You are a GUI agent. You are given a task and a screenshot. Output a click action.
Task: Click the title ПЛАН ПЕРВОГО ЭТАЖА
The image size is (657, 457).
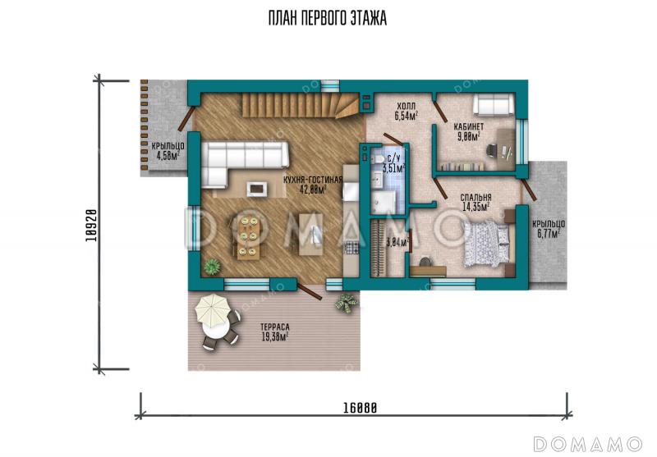click(327, 18)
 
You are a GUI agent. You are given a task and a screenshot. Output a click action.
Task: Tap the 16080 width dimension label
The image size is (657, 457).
click(360, 408)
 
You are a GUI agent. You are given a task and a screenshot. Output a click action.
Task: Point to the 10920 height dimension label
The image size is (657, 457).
click(91, 225)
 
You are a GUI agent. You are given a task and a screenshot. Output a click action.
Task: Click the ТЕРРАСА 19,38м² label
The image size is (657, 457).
click(275, 331)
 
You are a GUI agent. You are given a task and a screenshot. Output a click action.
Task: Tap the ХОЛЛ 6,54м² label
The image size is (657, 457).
click(407, 112)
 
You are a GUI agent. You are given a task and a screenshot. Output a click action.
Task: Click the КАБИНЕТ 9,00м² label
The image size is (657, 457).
click(469, 131)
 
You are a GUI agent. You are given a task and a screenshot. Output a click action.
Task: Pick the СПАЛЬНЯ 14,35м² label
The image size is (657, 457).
click(476, 202)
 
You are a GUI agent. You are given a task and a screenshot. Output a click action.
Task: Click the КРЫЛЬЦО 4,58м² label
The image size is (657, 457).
click(168, 151)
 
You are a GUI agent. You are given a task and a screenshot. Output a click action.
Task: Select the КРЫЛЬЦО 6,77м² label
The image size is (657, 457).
click(549, 228)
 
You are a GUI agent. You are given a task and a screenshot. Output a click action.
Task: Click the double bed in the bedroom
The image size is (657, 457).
click(488, 243)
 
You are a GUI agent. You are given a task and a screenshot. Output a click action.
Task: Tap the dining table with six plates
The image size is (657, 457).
click(247, 236)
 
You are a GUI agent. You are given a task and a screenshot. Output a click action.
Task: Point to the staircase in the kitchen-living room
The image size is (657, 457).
click(301, 106)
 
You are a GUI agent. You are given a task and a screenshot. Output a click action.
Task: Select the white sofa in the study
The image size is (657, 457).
click(494, 103)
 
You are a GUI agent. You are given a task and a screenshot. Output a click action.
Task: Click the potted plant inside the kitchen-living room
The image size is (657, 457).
click(213, 266)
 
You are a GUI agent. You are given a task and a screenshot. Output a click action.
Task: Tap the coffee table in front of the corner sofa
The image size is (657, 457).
click(257, 189)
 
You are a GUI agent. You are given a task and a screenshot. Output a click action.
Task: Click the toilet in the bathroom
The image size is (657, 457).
click(377, 159)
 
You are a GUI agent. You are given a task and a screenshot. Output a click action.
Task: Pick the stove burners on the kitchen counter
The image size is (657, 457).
click(351, 248)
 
